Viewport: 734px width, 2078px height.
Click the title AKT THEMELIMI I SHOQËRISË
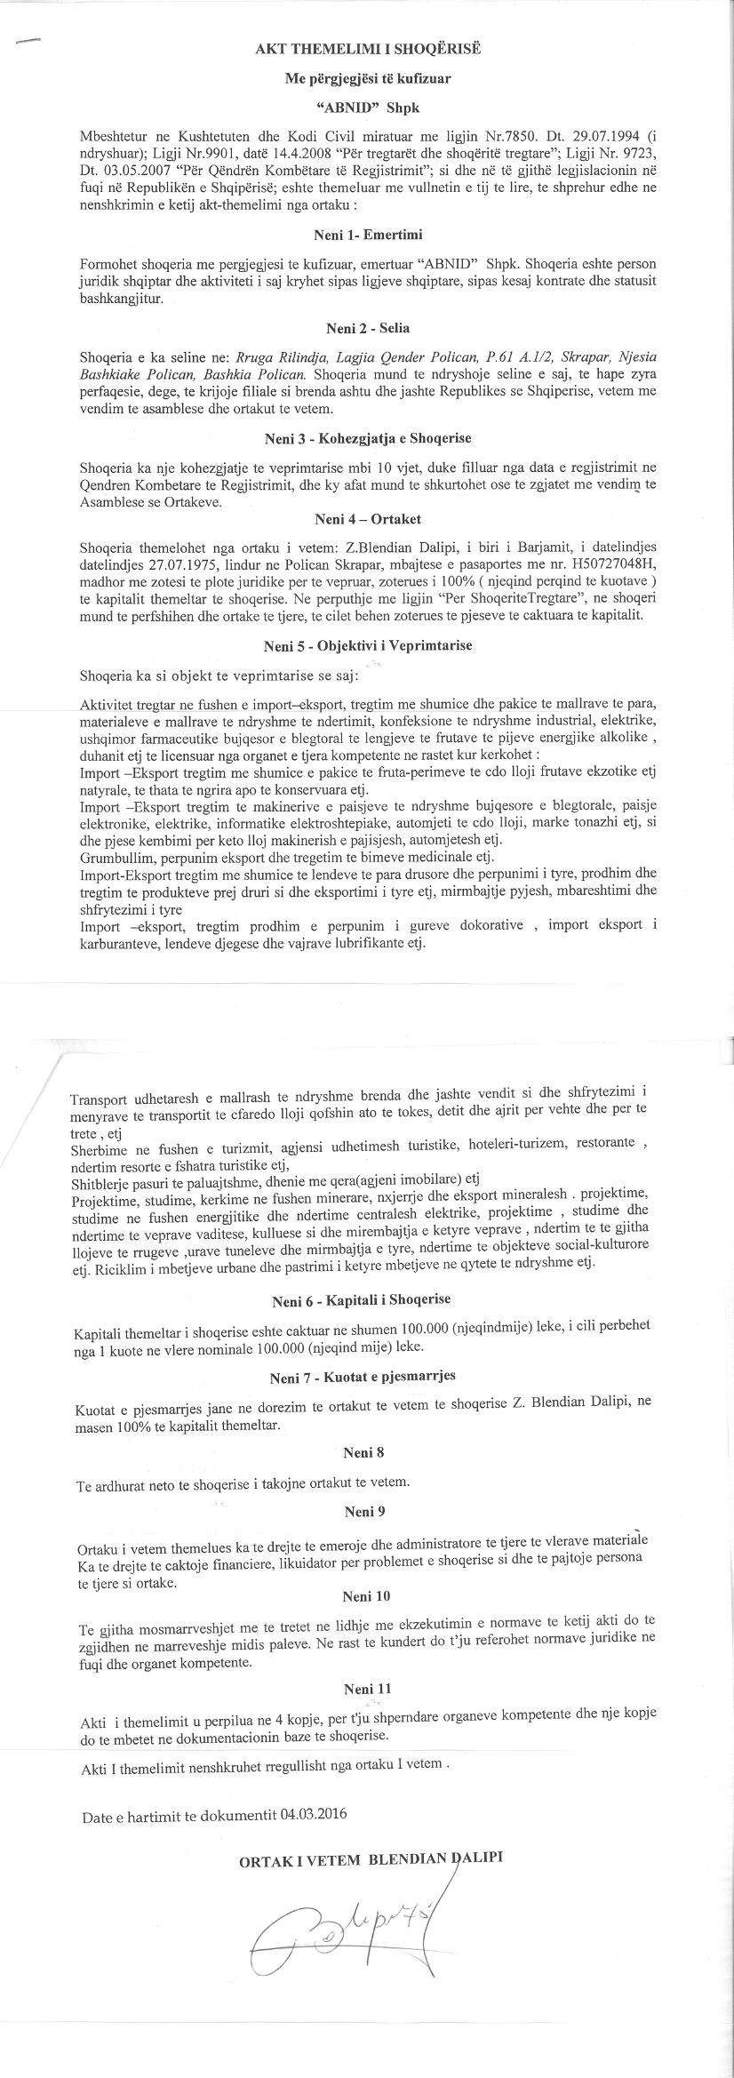click(367, 49)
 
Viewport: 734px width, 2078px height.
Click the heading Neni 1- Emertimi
click(367, 236)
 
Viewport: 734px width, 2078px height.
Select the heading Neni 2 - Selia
click(368, 328)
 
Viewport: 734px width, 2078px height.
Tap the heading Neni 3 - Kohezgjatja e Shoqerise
click(367, 438)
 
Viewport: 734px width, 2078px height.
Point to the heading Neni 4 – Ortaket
click(367, 518)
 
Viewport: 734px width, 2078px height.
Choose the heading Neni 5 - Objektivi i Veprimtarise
click(368, 645)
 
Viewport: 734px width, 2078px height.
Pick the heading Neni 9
click(363, 1511)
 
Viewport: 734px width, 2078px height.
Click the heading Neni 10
click(363, 1596)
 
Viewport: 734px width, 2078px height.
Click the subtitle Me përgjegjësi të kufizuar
click(367, 78)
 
